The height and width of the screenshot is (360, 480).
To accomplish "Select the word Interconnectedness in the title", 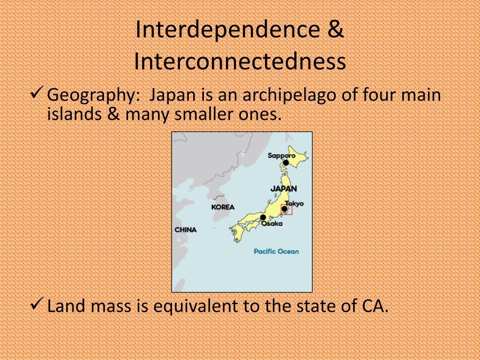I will [x=240, y=62].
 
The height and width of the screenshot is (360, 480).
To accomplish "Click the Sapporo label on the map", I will [x=281, y=155].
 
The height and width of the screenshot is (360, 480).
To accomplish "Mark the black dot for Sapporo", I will [x=285, y=163].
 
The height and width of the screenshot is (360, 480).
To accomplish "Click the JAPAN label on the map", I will [x=284, y=188].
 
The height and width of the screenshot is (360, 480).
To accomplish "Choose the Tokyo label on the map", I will [x=294, y=203].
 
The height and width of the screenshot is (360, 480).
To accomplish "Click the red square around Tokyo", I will [x=286, y=210].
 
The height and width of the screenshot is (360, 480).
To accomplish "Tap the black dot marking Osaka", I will [x=263, y=217].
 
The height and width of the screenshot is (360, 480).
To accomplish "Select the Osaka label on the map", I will [x=272, y=224].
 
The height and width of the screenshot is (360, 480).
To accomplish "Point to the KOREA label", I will [x=223, y=207].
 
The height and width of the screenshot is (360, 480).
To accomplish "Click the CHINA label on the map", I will [x=186, y=230].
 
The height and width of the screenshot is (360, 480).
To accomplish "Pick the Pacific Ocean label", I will [x=276, y=251].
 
